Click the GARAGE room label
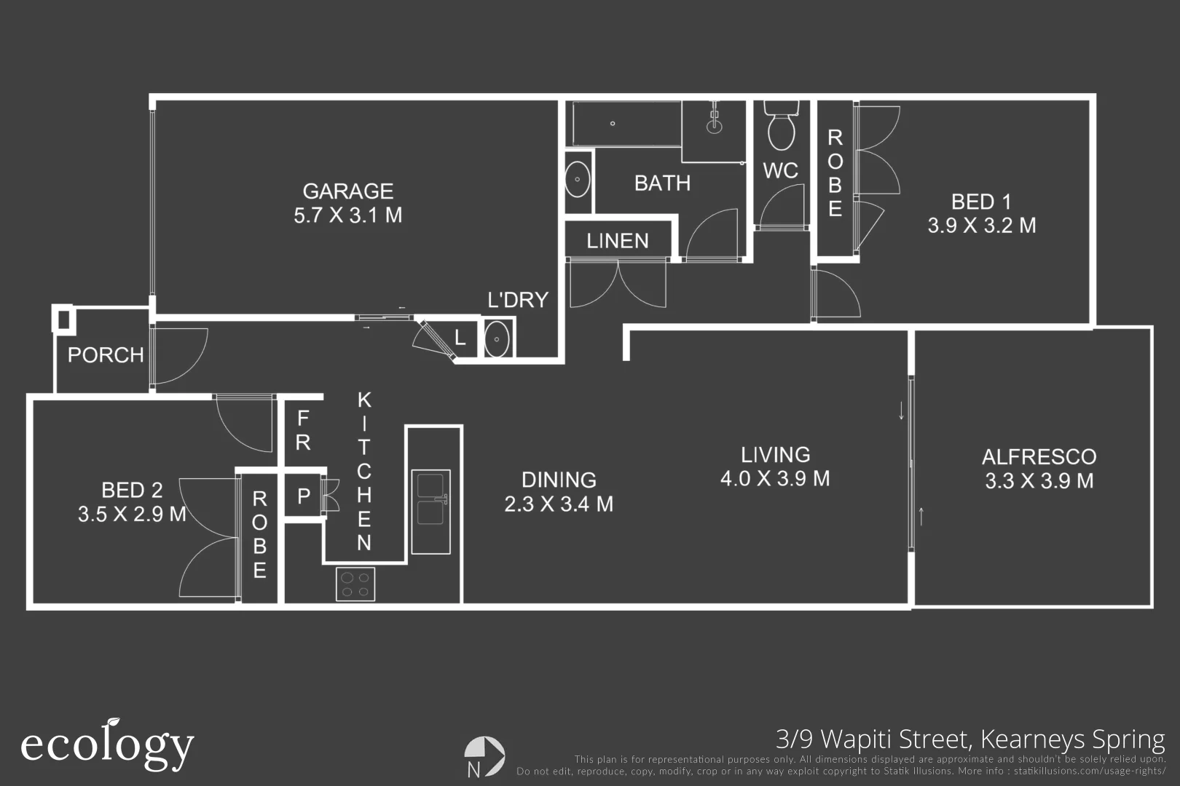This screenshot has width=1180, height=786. click(x=348, y=191)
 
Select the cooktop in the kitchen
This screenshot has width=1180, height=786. click(x=355, y=584)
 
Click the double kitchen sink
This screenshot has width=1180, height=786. click(x=431, y=512)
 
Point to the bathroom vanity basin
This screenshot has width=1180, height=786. click(x=578, y=180)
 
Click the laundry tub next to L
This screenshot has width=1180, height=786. click(x=497, y=340)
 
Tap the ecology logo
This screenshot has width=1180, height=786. click(x=108, y=745)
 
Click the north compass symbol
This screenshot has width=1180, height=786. click(x=484, y=756)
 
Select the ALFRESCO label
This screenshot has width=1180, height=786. click(x=1039, y=457)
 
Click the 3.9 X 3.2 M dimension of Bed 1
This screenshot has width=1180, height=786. click(x=982, y=226)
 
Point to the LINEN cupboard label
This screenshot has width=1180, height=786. click(x=618, y=241)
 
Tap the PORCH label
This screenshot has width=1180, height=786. click(x=106, y=355)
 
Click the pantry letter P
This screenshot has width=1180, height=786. click(x=304, y=496)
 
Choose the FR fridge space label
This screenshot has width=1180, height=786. click(x=303, y=430)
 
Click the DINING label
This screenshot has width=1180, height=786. click(x=559, y=480)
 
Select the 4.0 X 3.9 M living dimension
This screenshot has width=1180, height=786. click(x=776, y=479)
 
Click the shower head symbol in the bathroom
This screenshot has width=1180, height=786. click(x=715, y=119)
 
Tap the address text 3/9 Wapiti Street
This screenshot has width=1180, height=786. click(x=873, y=739)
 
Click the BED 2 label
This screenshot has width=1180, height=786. click(x=133, y=490)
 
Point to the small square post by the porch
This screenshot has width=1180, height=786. click(x=64, y=319)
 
